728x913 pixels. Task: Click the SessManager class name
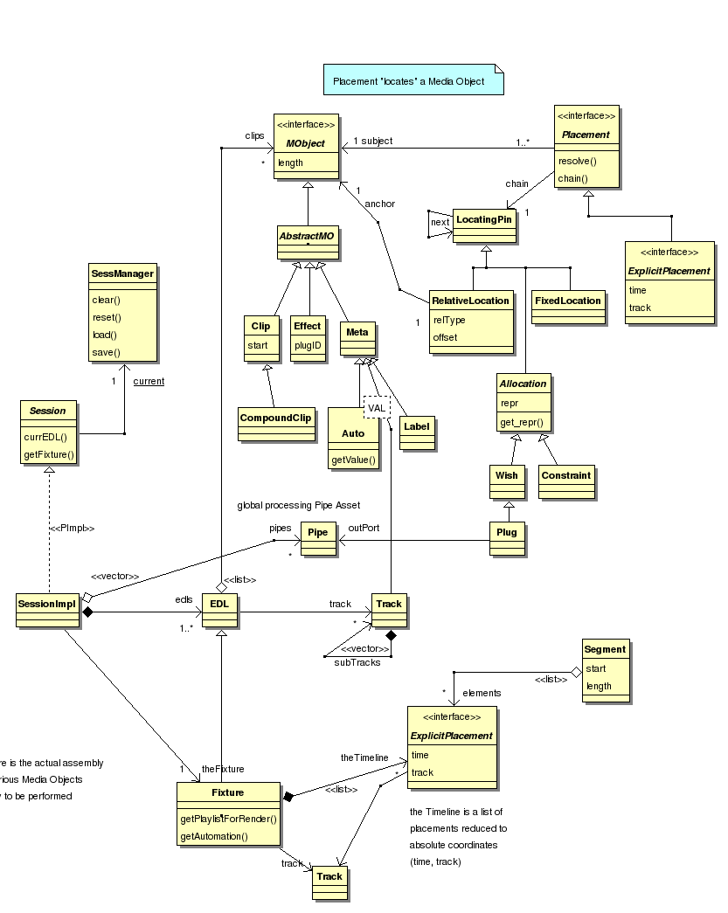pyautogui.click(x=122, y=273)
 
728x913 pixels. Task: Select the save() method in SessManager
pyautogui.click(x=107, y=352)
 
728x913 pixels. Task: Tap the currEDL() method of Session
pyautogui.click(x=46, y=436)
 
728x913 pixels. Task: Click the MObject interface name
pyautogui.click(x=304, y=143)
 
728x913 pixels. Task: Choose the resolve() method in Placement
pyautogui.click(x=576, y=161)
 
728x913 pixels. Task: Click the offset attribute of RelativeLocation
pyautogui.click(x=446, y=337)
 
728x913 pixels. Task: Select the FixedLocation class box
pyautogui.click(x=568, y=301)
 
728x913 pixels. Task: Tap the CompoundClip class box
pyautogui.click(x=275, y=418)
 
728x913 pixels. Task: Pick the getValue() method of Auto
pyautogui.click(x=353, y=460)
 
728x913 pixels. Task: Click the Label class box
pyautogui.click(x=416, y=427)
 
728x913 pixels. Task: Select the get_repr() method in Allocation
pyautogui.click(x=522, y=423)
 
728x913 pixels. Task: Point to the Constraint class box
pyautogui.click(x=565, y=476)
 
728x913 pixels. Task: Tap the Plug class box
pyautogui.click(x=506, y=532)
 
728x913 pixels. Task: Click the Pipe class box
pyautogui.click(x=318, y=532)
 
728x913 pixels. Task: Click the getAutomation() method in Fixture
pyautogui.click(x=214, y=836)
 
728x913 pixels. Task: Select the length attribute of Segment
pyautogui.click(x=600, y=686)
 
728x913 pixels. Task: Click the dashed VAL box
pyautogui.click(x=377, y=408)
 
